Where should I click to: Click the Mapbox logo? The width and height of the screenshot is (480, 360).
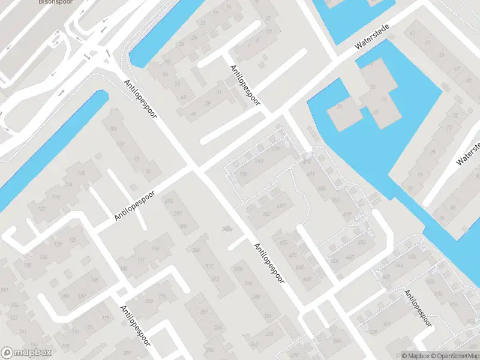[26, 353]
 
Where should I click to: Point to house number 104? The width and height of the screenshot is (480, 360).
[112, 130]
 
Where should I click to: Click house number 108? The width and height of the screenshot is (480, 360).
[82, 173]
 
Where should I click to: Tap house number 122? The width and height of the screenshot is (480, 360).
[41, 208]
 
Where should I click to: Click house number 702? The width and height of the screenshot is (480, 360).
[267, 213]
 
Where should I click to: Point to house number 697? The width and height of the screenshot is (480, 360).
[281, 206]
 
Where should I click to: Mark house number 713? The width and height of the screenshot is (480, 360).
[260, 161]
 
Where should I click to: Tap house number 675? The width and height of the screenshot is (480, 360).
[284, 242]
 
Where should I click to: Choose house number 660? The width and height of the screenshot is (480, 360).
[349, 258]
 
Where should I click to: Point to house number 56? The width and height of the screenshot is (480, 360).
[165, 74]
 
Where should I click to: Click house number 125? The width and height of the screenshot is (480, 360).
[73, 240]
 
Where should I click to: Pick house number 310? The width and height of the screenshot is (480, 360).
[209, 265]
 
